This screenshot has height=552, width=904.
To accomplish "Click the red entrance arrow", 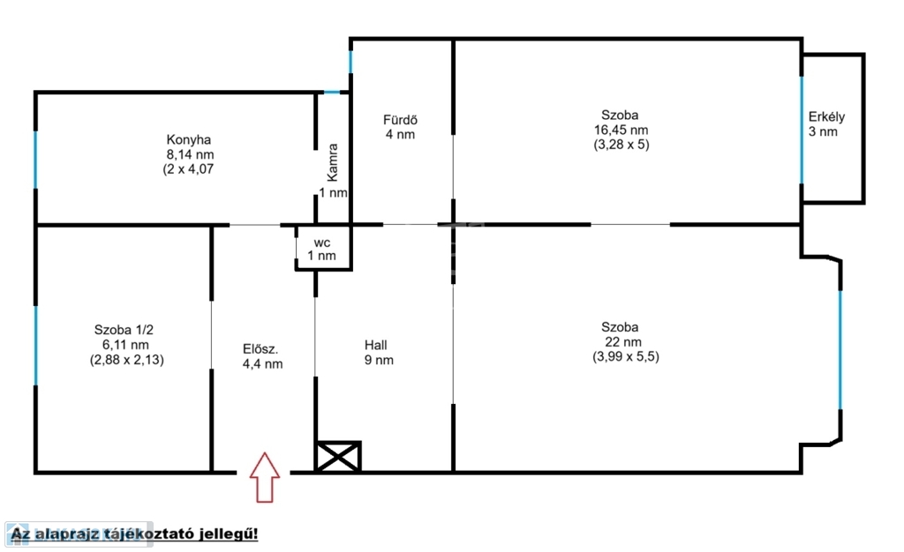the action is [265, 477].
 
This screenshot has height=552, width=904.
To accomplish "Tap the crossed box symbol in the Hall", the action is [338, 457].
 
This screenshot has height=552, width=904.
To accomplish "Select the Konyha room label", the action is [189, 140].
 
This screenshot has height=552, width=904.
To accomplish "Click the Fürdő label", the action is [400, 120].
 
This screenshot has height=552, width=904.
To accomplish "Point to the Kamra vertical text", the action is [333, 162].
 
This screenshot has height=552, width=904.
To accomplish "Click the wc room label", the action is [321, 242].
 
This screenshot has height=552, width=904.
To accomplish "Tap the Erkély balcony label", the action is [826, 117].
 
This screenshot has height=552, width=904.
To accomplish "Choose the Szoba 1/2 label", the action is [124, 330].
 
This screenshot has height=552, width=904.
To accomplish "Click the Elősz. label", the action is [260, 349].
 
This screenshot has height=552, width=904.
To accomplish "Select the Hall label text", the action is [375, 346].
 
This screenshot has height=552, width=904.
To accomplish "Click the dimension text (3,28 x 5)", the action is [621, 145].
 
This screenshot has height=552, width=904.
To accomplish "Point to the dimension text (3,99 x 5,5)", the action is [626, 357].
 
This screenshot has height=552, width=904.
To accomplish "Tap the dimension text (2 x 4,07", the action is [189, 169].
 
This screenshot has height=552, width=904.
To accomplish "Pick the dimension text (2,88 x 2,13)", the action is [127, 361].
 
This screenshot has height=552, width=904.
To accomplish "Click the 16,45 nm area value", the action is [621, 131].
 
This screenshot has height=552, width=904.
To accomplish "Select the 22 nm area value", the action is [623, 342].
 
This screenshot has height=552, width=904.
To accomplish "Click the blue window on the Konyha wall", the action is [35, 160].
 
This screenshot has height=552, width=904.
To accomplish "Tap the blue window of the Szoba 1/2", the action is [35, 346].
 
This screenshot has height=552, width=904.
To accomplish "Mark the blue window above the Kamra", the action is [332, 92].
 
